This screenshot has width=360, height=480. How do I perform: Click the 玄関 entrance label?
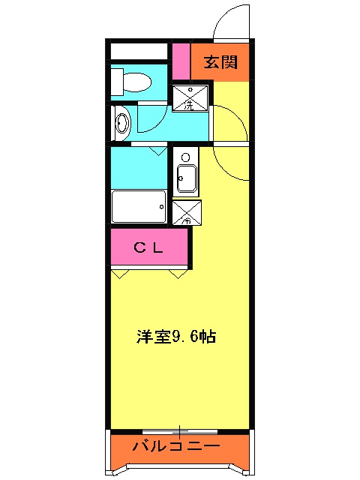click(220, 62)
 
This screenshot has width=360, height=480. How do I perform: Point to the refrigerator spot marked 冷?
click(186, 213)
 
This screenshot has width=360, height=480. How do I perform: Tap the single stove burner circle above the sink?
click(185, 157)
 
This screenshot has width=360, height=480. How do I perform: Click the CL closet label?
click(148, 247)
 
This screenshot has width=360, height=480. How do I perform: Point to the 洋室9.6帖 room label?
click(176, 337)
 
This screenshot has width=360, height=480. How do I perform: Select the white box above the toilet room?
click(139, 52)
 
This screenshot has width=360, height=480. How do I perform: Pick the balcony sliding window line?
click(180, 431)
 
